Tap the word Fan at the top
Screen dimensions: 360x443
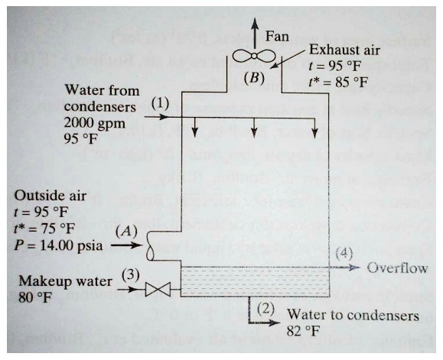(x=278, y=36)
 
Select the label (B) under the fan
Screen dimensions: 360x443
(x=253, y=77)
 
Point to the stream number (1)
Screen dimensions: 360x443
(x=160, y=102)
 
